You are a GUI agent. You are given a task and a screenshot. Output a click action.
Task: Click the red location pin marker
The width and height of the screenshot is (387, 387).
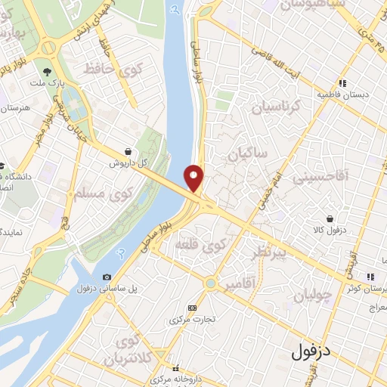point(194,178)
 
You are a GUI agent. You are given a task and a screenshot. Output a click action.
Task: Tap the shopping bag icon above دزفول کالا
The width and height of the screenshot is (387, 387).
point(330,218)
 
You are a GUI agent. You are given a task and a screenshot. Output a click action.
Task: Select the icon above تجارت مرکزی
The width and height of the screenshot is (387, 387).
point(192,308)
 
